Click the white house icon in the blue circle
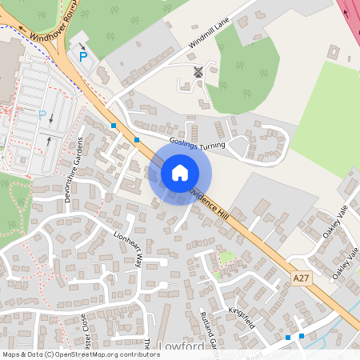179,172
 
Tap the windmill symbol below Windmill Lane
198,72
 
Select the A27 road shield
301,278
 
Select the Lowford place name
182,346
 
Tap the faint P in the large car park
42,114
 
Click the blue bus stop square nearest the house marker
137,140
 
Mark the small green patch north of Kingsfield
227,258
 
